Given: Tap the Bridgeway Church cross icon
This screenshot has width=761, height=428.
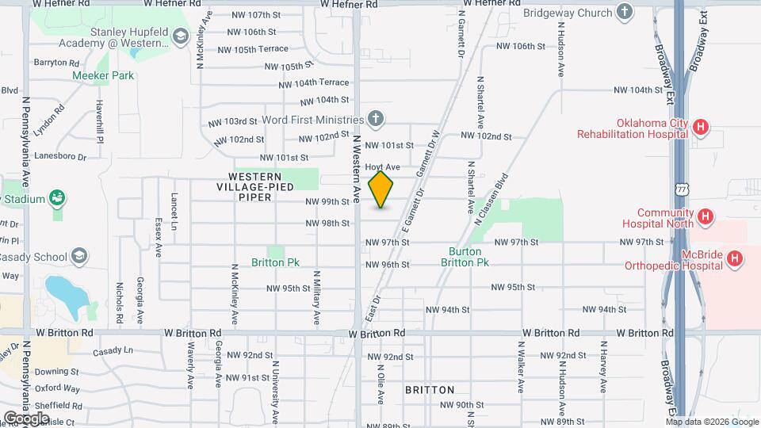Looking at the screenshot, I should click(625, 12).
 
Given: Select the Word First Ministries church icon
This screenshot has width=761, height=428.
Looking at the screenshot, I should click(376, 119).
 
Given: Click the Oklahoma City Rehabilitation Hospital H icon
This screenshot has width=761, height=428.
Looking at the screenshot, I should click(700, 126).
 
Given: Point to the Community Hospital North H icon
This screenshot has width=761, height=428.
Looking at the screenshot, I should click(703, 216).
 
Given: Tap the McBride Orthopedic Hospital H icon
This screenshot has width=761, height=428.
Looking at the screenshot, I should click(735, 258).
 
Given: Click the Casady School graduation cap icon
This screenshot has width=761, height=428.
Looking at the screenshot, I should click(79, 256).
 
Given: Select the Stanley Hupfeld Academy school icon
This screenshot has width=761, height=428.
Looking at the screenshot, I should click(181, 36).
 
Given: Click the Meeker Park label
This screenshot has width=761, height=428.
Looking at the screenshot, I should click(103, 75).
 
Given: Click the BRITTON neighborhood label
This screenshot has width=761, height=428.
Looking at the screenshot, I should click(430, 390).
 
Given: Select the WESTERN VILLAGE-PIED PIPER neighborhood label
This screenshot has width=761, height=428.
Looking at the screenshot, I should click(254, 186).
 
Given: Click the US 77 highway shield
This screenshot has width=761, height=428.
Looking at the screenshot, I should click(682, 189).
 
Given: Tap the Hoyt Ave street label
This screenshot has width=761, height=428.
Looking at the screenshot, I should click(382, 167).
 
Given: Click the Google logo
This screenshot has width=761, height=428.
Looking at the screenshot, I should click(26, 418).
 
